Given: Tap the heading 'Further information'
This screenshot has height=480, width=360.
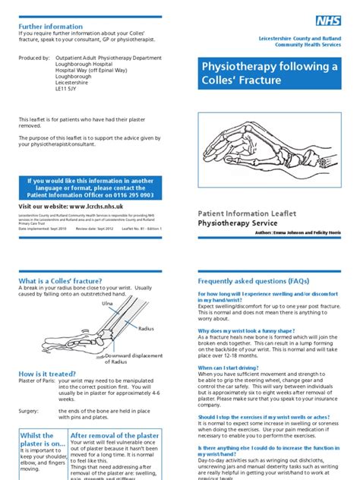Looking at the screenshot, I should tap(50, 27).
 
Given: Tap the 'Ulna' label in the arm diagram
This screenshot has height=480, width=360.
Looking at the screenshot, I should tap(86, 303).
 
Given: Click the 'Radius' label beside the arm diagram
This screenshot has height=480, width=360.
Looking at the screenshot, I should tap(146, 328).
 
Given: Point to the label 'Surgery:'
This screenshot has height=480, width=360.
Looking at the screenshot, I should tap(30, 411).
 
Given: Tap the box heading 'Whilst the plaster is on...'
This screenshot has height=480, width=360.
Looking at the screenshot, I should tap(41, 440).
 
